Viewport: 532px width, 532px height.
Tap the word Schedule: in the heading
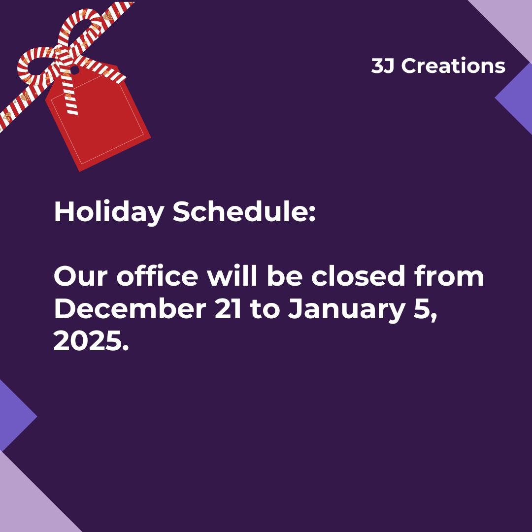pyautogui.click(x=243, y=212)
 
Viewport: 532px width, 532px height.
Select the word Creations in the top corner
pyautogui.click(x=453, y=66)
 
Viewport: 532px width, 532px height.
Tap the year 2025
pyautogui.click(x=91, y=341)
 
